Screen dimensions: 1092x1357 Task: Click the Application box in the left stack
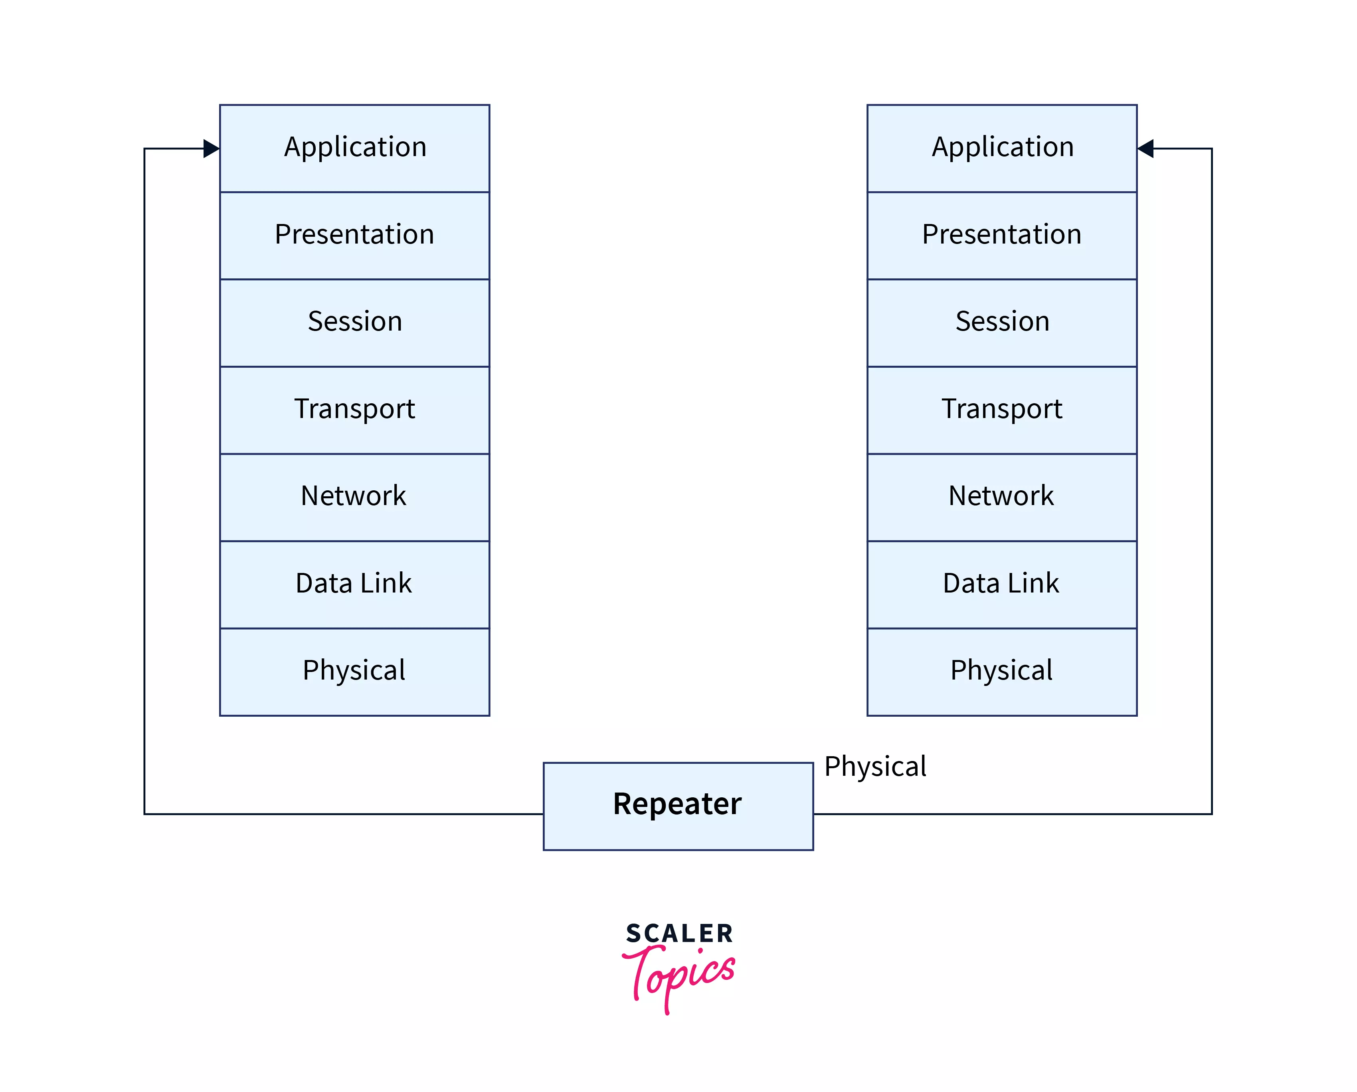point(354,148)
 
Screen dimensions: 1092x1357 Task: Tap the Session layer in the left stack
point(354,323)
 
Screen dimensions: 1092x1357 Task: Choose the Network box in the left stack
point(354,496)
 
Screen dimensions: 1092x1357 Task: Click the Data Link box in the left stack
point(354,584)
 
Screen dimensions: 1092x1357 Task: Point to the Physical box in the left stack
point(354,671)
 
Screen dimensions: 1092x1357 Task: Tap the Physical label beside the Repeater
point(875,767)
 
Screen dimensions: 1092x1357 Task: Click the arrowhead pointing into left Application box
point(212,149)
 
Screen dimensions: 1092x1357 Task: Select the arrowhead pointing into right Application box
point(1145,149)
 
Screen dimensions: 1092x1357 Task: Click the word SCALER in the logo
point(679,933)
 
